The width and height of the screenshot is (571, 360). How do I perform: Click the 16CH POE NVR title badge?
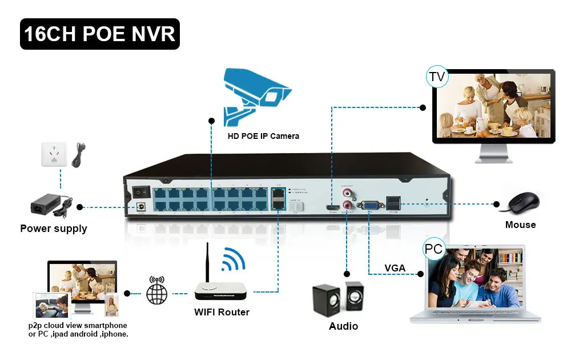pyautogui.click(x=100, y=34)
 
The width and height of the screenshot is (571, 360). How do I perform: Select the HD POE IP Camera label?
pyautogui.click(x=263, y=136)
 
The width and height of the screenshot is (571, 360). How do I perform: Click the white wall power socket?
pyautogui.click(x=54, y=154)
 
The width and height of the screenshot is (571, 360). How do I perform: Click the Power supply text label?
pyautogui.click(x=54, y=229)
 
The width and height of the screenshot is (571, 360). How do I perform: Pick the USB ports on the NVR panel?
pyautogui.click(x=394, y=202)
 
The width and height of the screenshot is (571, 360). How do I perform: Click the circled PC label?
pyautogui.click(x=433, y=249)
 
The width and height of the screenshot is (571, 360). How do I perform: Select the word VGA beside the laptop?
pyautogui.click(x=395, y=268)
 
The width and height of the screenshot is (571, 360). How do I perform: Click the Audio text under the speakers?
pyautogui.click(x=343, y=326)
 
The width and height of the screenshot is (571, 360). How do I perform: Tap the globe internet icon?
pyautogui.click(x=158, y=293)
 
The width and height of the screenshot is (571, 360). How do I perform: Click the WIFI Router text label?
pyautogui.click(x=222, y=312)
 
